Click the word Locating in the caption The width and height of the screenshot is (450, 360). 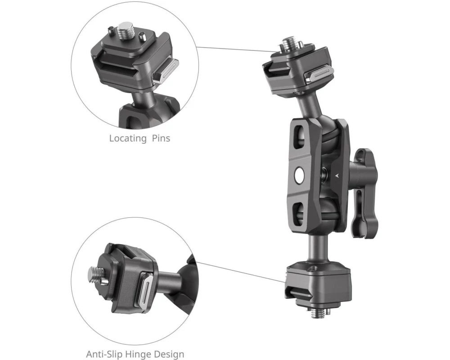tap(128, 138)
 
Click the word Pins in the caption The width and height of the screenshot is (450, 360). tap(161, 138)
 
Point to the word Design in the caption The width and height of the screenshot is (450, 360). tap(169, 354)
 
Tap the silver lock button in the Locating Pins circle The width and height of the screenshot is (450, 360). tap(166, 72)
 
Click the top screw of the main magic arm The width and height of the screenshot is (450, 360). tap(287, 43)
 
